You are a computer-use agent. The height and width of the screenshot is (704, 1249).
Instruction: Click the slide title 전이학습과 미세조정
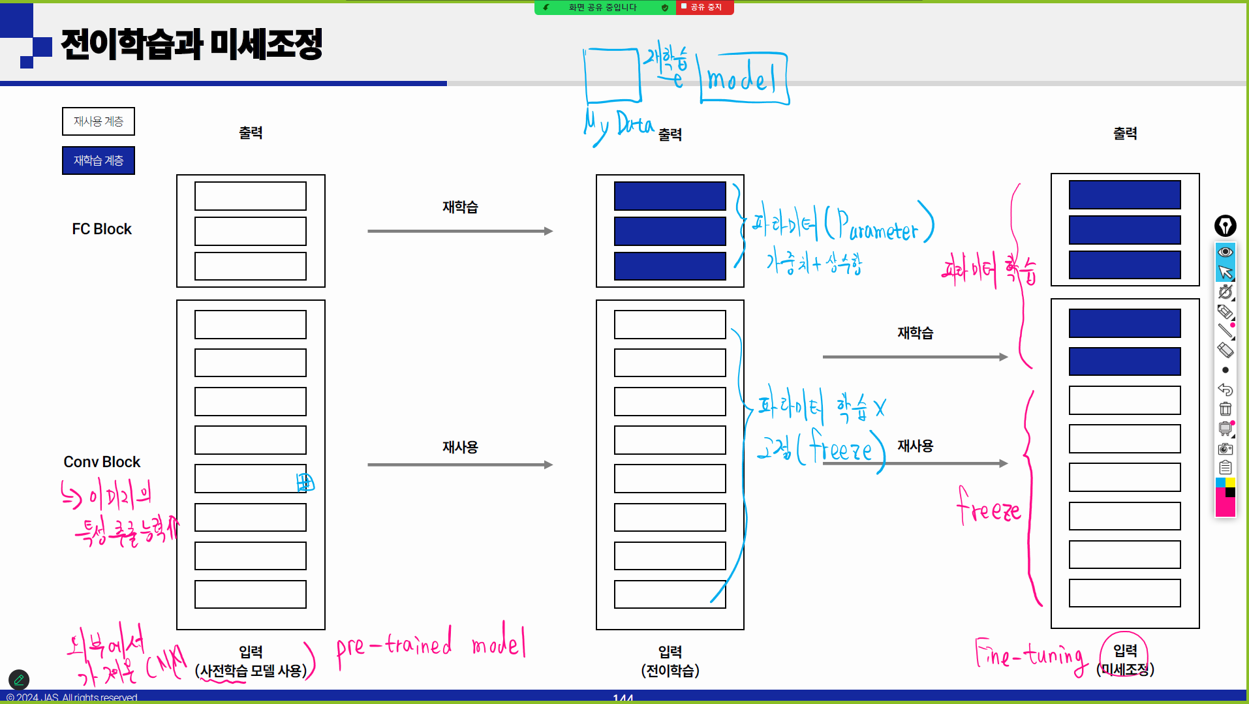click(191, 44)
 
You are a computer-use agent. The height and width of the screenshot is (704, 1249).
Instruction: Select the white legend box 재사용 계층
click(99, 121)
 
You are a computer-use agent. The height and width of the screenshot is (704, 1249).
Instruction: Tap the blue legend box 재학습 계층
click(99, 161)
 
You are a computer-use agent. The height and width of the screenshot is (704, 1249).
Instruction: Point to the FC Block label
click(102, 229)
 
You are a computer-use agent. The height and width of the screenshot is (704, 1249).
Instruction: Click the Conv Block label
click(102, 462)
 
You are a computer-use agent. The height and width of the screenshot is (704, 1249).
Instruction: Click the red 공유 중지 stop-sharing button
click(705, 7)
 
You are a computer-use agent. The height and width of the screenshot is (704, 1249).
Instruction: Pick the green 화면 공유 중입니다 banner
click(604, 7)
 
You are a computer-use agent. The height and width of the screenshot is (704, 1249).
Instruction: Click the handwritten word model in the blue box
click(742, 80)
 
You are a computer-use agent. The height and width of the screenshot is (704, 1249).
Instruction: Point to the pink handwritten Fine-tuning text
click(1031, 654)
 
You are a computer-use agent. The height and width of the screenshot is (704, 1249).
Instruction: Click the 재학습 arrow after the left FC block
click(460, 231)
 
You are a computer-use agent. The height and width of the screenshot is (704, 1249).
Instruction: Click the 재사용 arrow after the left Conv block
click(460, 465)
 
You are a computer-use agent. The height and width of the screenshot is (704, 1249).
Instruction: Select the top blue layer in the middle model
click(670, 196)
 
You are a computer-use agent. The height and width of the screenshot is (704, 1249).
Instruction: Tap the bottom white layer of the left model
click(251, 594)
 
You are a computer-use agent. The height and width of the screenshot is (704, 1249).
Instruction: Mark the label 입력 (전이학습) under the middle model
click(670, 661)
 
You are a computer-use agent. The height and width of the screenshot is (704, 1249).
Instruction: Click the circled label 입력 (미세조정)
click(1125, 659)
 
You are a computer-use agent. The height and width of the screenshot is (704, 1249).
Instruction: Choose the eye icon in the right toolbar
click(1226, 252)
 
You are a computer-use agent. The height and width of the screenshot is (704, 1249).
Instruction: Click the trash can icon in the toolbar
click(1226, 409)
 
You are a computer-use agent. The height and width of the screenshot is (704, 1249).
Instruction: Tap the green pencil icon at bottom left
click(19, 680)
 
